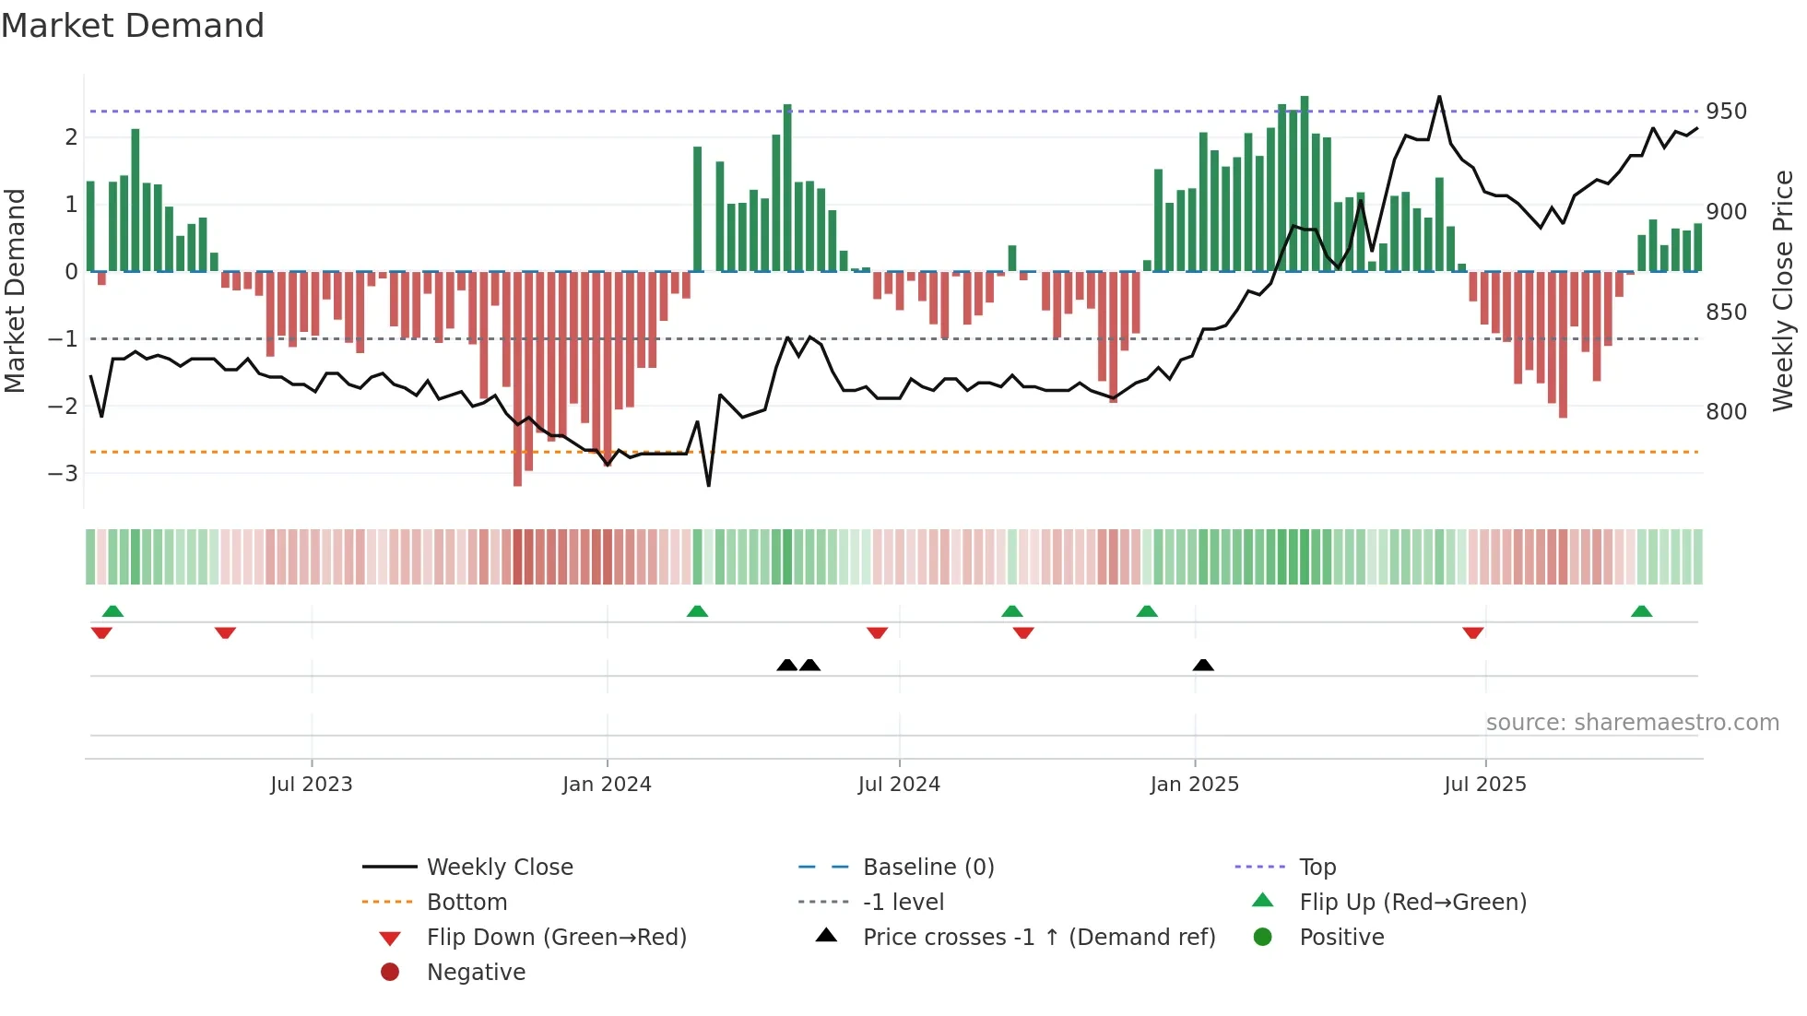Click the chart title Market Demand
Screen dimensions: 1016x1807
[x=133, y=26]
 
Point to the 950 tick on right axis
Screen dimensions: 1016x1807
[x=1726, y=112]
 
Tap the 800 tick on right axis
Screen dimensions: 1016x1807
[x=1726, y=412]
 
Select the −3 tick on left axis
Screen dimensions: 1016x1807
[x=64, y=474]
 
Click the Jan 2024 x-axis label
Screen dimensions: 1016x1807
[x=607, y=785]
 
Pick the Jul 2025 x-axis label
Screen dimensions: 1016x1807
[x=1484, y=785]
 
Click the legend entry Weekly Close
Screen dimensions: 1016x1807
[x=499, y=868]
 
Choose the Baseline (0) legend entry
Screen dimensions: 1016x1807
[x=927, y=868]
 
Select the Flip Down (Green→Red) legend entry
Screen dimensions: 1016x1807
[x=556, y=938]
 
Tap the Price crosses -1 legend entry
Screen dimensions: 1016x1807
[x=1038, y=938]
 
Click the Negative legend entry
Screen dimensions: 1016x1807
[x=476, y=973]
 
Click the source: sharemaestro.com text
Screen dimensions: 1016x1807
[x=1632, y=723]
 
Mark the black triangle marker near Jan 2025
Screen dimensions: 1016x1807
[x=1203, y=666]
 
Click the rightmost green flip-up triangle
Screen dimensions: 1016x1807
[x=1641, y=611]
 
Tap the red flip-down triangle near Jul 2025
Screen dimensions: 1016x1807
[x=1472, y=632]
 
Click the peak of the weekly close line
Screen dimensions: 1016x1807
[x=1439, y=97]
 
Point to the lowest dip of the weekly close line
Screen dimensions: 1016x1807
[x=708, y=485]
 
